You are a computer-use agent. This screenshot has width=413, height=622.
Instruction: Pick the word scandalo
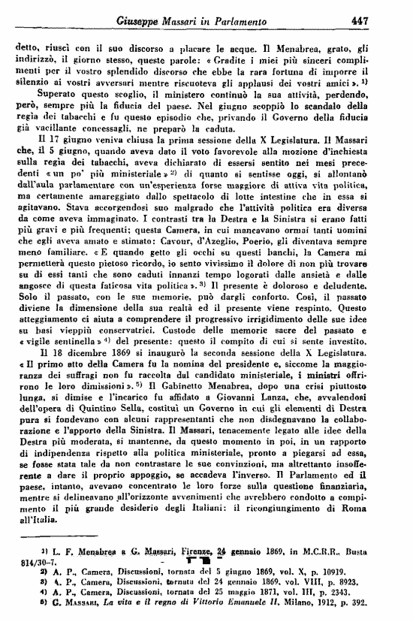334,125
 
